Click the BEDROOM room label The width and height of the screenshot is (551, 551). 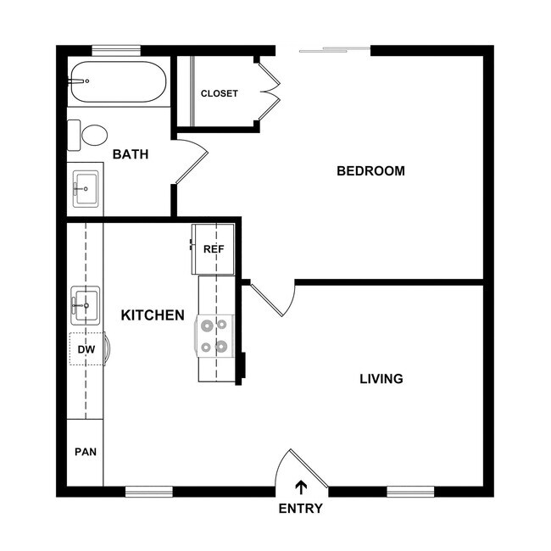click(370, 170)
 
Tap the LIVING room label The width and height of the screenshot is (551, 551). click(381, 379)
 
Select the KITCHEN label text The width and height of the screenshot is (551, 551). click(153, 315)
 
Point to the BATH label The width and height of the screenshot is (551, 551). click(130, 154)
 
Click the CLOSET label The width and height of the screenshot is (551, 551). click(219, 93)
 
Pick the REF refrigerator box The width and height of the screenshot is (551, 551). click(213, 249)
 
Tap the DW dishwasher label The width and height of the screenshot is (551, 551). click(86, 349)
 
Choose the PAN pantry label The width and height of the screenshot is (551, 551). click(85, 452)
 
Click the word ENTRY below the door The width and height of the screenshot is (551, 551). click(300, 509)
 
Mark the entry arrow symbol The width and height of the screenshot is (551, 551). click(301, 487)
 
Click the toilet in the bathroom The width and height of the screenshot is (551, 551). click(90, 135)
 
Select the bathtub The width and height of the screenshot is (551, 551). click(118, 81)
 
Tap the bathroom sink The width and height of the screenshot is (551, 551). click(86, 189)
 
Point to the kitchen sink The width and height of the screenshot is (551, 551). click(85, 305)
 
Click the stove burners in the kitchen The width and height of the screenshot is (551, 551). click(214, 335)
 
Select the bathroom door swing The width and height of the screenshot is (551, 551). click(192, 161)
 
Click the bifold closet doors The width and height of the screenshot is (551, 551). click(270, 91)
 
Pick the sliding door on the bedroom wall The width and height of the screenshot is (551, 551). click(334, 50)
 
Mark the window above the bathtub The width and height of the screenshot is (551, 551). click(116, 50)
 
